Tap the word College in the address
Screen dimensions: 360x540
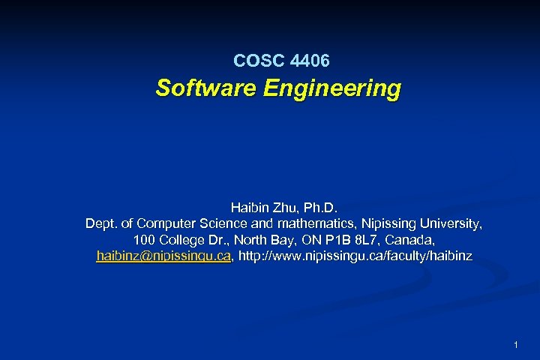(x=184, y=240)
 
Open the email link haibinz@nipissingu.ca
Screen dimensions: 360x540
(x=163, y=256)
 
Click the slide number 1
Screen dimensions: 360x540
(x=517, y=345)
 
